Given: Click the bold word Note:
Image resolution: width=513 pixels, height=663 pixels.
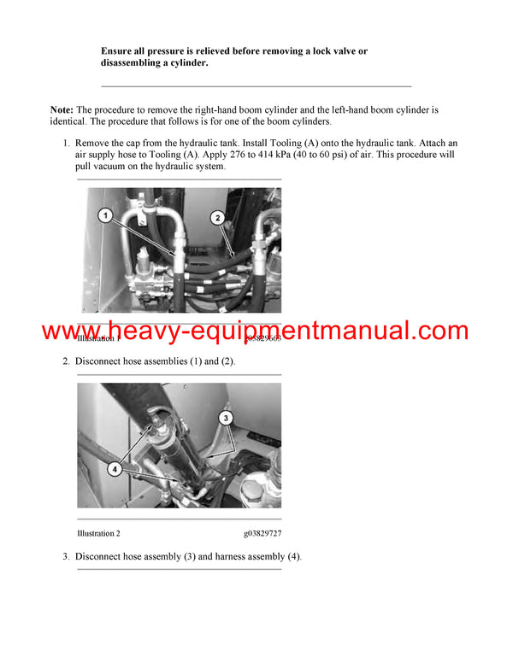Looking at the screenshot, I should point(62,110).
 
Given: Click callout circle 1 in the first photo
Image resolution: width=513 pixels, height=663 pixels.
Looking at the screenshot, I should point(104,217).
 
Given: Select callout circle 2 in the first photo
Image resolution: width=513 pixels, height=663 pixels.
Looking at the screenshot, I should point(217,219).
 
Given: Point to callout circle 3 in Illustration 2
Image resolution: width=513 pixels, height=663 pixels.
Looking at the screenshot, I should point(225,419).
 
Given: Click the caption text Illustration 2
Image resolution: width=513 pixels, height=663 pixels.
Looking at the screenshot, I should point(98,533).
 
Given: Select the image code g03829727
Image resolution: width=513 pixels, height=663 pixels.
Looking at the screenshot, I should point(262,533).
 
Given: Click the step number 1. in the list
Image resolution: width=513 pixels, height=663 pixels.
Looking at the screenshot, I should point(66,143).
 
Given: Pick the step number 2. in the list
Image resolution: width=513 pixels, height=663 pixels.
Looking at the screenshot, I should point(66,361).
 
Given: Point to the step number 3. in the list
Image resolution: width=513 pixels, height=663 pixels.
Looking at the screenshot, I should point(66,557).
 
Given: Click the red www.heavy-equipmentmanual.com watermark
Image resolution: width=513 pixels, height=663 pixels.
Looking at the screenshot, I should point(255,331).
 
